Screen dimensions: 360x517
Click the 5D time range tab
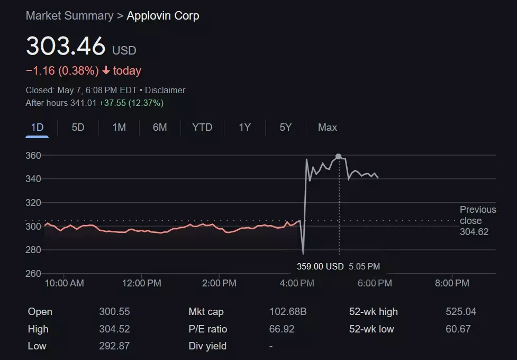click(78, 128)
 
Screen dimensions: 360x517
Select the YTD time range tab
click(202, 128)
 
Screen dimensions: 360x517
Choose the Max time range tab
click(327, 128)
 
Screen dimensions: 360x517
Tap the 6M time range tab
click(160, 128)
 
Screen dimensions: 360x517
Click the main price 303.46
click(66, 47)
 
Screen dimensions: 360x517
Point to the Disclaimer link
click(165, 91)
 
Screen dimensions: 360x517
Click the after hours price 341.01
click(83, 103)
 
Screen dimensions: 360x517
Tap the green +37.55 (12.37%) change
click(131, 103)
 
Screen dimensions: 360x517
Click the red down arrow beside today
click(106, 71)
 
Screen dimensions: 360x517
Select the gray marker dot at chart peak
click(339, 157)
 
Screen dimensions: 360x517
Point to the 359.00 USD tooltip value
click(320, 267)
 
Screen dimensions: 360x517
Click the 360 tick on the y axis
click(33, 156)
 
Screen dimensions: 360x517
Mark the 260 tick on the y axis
click(33, 274)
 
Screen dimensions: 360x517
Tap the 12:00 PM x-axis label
click(142, 283)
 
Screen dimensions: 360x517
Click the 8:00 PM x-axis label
click(451, 283)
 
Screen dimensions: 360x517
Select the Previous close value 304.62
click(474, 232)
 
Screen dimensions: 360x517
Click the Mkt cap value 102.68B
click(287, 312)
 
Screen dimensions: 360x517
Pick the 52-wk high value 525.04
click(461, 312)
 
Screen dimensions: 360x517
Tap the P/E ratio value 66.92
click(282, 329)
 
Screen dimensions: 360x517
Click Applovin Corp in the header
click(163, 16)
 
